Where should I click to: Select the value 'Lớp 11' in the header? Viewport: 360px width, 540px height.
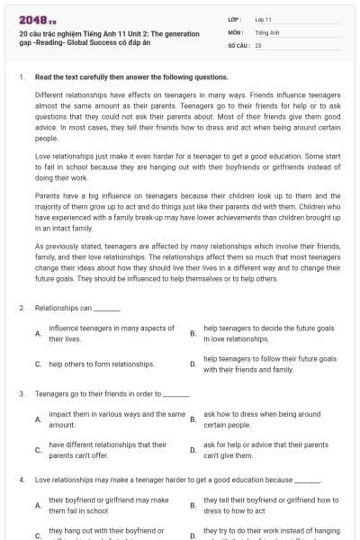tap(263, 19)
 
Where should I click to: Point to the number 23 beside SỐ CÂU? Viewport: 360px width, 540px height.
tap(258, 44)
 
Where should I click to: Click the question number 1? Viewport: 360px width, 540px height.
tap(21, 77)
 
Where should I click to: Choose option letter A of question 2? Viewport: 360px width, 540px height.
tap(37, 333)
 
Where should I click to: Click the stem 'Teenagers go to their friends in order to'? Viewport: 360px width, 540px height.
tap(112, 393)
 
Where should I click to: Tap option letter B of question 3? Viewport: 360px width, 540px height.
tap(193, 418)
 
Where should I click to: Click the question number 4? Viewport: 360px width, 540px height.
tap(21, 479)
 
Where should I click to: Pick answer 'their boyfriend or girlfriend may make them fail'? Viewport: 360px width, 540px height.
tap(108, 504)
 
